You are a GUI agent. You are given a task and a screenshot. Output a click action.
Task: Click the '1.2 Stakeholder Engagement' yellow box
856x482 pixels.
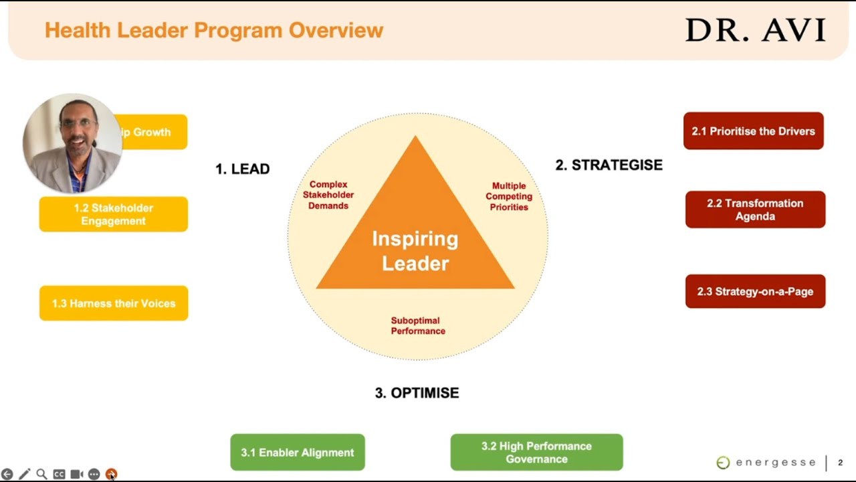pos(113,214)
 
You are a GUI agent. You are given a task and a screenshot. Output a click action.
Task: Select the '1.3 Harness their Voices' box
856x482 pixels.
pos(114,303)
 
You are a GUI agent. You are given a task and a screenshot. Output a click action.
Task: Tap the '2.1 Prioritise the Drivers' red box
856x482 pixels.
pos(753,131)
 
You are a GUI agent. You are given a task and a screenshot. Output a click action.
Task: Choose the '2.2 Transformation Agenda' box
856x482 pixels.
pos(755,210)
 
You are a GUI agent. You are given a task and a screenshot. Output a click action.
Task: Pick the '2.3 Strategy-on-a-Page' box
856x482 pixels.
pos(755,291)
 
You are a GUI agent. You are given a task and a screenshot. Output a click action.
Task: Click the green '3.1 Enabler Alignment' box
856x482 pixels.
pos(298,453)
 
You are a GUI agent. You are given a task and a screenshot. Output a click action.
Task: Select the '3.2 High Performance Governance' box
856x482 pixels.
pos(536,453)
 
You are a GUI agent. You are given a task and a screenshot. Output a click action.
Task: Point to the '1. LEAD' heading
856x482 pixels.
pos(242,169)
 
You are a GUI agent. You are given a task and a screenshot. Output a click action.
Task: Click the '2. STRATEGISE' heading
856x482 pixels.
pos(609,165)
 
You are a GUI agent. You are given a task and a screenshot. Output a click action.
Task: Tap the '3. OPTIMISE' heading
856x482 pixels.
pos(417,393)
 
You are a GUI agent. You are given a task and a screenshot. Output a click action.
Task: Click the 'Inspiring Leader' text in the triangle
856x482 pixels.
pos(415,251)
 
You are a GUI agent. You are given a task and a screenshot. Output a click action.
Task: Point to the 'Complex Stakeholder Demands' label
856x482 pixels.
pos(328,195)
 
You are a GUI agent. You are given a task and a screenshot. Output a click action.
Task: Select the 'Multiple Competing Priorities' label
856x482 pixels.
pos(509,196)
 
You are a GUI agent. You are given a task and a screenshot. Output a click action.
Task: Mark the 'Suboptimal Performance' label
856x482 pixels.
pos(418,326)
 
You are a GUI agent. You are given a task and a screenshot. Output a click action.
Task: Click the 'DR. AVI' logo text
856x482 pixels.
pos(756,31)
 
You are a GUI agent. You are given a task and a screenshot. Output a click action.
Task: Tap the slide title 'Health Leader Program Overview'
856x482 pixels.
pos(213,30)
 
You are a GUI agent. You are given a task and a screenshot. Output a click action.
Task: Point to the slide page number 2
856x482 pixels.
pos(840,463)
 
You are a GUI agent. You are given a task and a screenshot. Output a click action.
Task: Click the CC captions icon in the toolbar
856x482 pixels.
pos(59,474)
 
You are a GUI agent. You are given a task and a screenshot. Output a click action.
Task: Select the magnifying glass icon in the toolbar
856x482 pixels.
pos(41,474)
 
